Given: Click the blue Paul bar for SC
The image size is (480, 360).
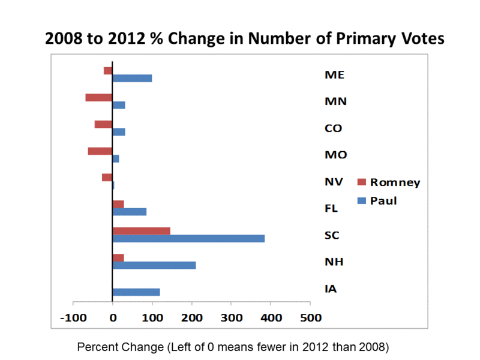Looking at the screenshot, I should pyautogui.click(x=188, y=239).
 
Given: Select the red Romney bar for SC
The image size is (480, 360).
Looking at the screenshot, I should pyautogui.click(x=142, y=231).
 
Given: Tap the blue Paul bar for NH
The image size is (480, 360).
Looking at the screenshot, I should pyautogui.click(x=154, y=265).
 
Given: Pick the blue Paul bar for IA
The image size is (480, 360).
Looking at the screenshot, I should pyautogui.click(x=136, y=292).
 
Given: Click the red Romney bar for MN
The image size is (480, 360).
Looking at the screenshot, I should pyautogui.click(x=99, y=97).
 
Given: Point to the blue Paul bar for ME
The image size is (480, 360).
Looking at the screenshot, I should pyautogui.click(x=132, y=78).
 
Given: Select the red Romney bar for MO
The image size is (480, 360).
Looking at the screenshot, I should pyautogui.click(x=100, y=151).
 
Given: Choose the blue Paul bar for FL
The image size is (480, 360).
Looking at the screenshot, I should pyautogui.click(x=130, y=212).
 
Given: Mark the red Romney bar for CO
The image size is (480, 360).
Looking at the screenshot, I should pyautogui.click(x=103, y=124).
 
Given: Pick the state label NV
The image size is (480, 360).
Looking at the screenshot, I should pyautogui.click(x=331, y=181).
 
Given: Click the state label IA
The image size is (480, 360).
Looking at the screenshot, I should pyautogui.click(x=331, y=289).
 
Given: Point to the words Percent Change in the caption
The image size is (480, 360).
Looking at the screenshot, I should pyautogui.click(x=112, y=347).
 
